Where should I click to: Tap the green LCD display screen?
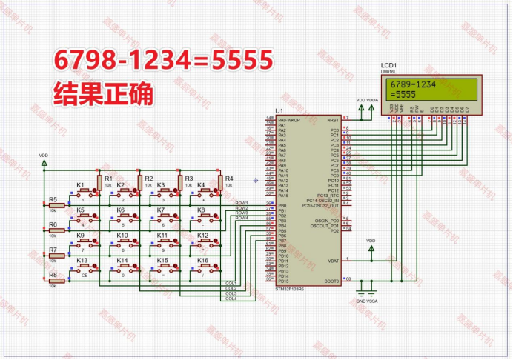431,88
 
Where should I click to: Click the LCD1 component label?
389,66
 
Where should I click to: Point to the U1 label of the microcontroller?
279,111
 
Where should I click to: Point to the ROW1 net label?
242,202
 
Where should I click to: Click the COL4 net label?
231,299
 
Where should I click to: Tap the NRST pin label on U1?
333,119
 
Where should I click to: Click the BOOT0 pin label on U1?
331,281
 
